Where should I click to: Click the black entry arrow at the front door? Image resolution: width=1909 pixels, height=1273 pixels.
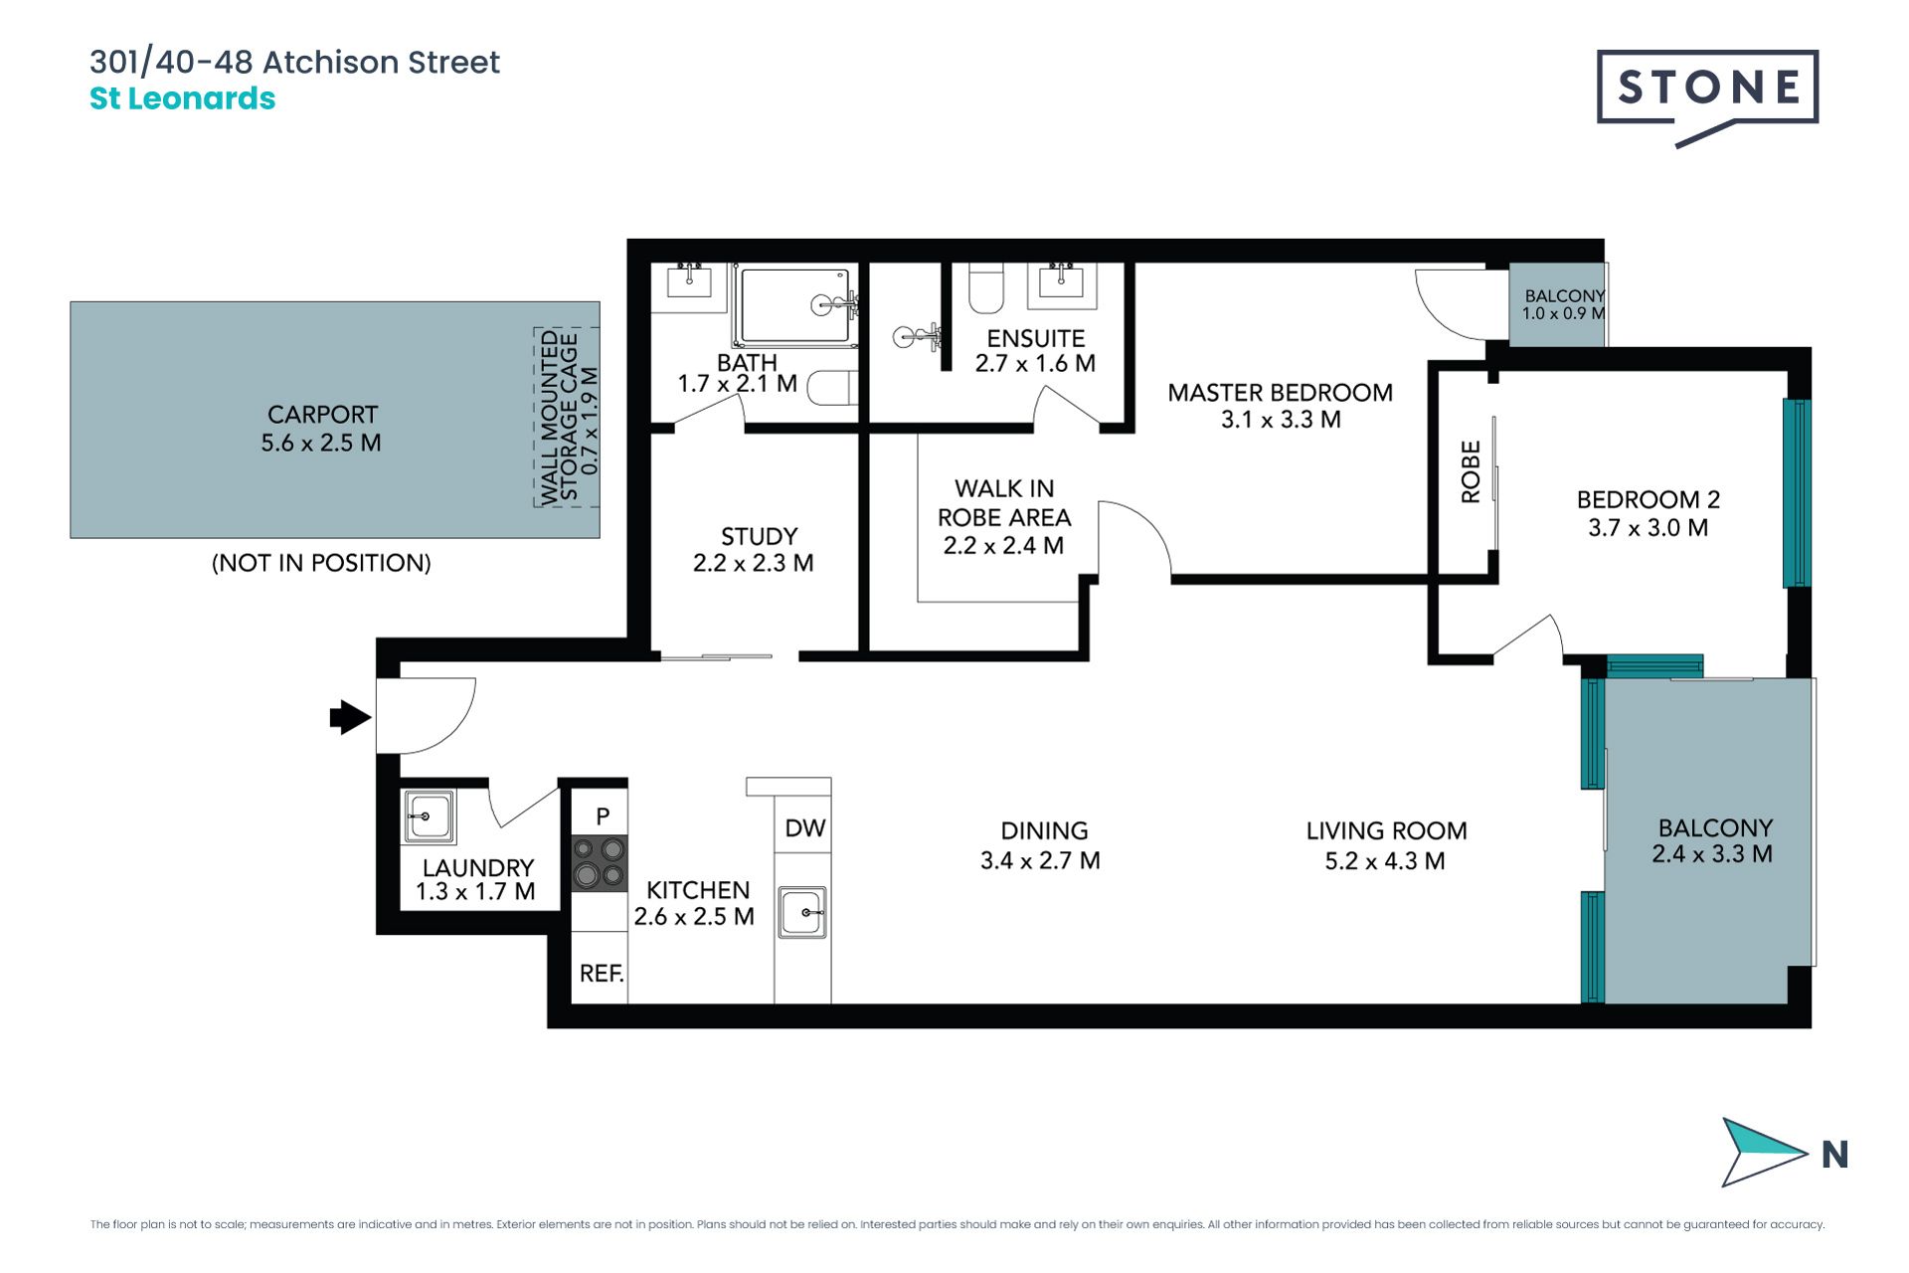pyautogui.click(x=350, y=717)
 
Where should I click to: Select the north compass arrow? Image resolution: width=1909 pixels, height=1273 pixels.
pyautogui.click(x=1763, y=1152)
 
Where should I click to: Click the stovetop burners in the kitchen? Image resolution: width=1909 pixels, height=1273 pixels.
pyautogui.click(x=600, y=862)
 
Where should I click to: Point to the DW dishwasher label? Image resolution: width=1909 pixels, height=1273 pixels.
pyautogui.click(x=804, y=828)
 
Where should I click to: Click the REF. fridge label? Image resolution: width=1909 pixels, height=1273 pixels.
pyautogui.click(x=602, y=974)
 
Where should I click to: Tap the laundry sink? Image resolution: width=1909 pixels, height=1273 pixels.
pyautogui.click(x=430, y=817)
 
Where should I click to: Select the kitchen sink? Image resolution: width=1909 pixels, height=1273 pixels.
pyautogui.click(x=802, y=912)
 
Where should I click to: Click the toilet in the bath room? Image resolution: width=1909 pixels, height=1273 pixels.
pyautogui.click(x=832, y=387)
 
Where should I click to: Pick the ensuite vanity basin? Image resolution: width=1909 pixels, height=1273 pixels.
pyautogui.click(x=1061, y=281)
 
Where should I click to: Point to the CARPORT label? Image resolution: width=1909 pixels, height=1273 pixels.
pyautogui.click(x=322, y=415)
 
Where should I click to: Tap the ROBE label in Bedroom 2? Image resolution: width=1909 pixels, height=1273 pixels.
pyautogui.click(x=1471, y=472)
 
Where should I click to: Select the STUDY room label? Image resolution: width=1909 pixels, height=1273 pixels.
pyautogui.click(x=759, y=537)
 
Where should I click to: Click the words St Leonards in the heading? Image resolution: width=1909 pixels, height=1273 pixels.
pyautogui.click(x=182, y=98)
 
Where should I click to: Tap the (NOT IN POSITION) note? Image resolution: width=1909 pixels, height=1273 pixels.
pyautogui.click(x=321, y=563)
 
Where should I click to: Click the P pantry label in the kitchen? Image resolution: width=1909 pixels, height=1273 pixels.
pyautogui.click(x=603, y=817)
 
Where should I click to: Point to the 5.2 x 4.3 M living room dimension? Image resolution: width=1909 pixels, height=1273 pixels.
pyautogui.click(x=1385, y=861)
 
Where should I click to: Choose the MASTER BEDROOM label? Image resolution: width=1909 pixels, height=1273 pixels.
pyautogui.click(x=1280, y=393)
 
